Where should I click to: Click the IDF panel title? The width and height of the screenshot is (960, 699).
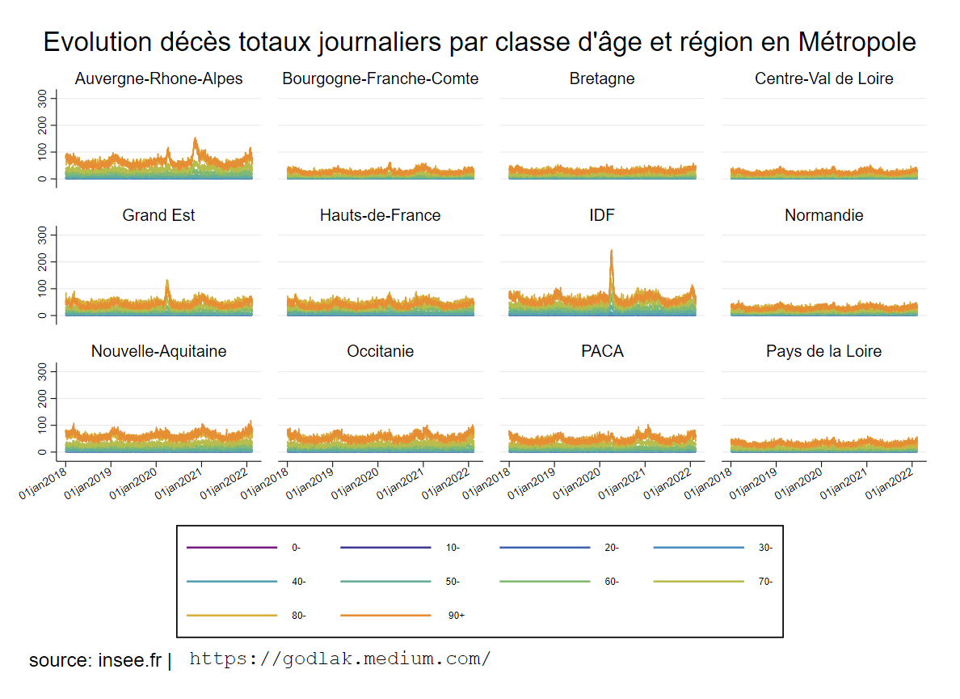click(602, 215)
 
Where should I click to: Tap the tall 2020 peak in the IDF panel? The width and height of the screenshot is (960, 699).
click(611, 252)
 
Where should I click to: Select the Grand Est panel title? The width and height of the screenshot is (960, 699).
click(158, 215)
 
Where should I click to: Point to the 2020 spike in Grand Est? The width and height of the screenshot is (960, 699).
click(167, 282)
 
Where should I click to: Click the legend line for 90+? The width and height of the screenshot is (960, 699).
click(385, 616)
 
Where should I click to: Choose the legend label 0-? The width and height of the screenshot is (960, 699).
click(296, 548)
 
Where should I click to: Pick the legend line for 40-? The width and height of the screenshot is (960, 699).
click(232, 582)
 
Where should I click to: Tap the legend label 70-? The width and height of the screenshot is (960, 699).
click(766, 582)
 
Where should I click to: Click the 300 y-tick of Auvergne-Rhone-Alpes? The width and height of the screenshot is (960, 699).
click(43, 99)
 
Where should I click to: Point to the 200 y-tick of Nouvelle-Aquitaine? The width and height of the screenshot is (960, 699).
click(43, 399)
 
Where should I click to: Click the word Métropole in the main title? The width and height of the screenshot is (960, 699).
click(857, 42)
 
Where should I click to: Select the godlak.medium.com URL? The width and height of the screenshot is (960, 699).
click(339, 659)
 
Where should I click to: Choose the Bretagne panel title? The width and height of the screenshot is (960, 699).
click(602, 78)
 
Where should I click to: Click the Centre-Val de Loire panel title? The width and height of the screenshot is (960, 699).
click(823, 78)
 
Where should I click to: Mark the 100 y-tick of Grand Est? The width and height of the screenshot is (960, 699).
click(43, 289)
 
